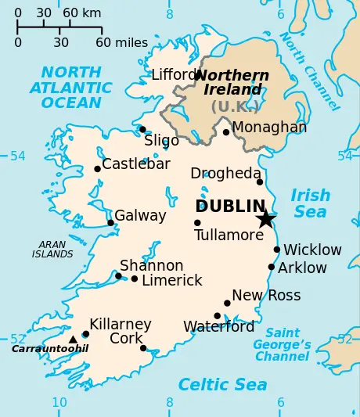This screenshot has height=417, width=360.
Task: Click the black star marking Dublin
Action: (265, 218)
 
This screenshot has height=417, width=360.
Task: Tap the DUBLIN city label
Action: (230, 207)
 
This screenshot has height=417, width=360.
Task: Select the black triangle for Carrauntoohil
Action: (73, 339)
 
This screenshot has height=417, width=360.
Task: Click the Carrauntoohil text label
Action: (49, 349)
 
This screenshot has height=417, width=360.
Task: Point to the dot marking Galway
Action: (111, 223)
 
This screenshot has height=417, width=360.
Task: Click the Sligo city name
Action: (161, 141)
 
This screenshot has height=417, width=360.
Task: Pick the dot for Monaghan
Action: (226, 132)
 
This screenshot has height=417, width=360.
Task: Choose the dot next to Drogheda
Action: (260, 182)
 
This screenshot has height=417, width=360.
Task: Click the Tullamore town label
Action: (229, 235)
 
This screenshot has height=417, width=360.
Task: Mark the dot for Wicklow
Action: (277, 250)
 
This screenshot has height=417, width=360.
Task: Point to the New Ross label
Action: (266, 295)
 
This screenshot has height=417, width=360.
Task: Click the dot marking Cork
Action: (143, 348)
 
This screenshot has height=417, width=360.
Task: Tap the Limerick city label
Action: (171, 280)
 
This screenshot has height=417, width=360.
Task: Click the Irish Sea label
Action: (309, 203)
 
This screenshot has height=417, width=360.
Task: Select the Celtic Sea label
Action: (222, 384)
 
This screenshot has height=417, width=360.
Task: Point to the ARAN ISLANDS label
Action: (52, 250)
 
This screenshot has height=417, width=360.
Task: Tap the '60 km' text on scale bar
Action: (81, 13)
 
